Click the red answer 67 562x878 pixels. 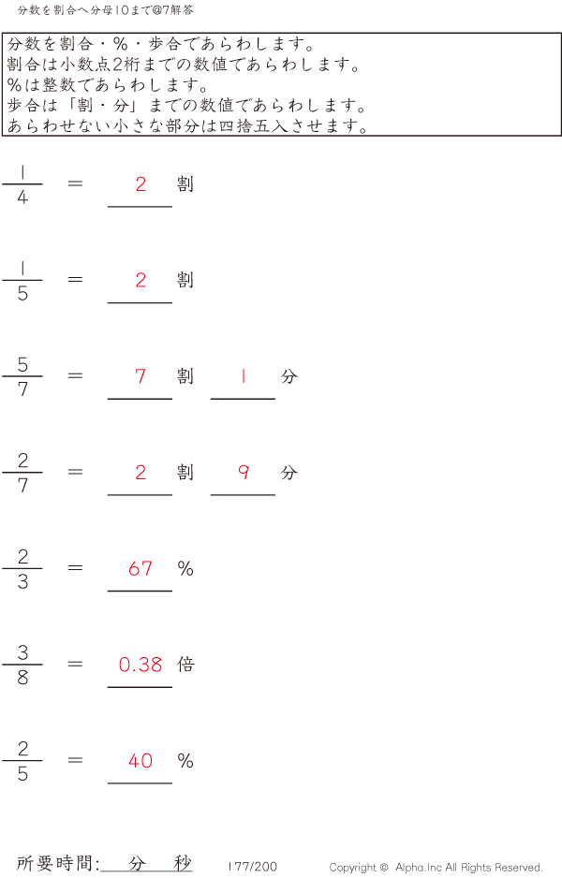pyautogui.click(x=140, y=569)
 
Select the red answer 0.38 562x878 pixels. pyautogui.click(x=140, y=665)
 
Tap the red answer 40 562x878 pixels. pyautogui.click(x=140, y=761)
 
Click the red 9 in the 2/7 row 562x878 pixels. pyautogui.click(x=244, y=473)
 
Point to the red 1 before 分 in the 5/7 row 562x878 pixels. pyautogui.click(x=244, y=376)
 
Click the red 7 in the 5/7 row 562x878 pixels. pyautogui.click(x=140, y=376)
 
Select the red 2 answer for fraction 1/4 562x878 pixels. pyautogui.click(x=140, y=184)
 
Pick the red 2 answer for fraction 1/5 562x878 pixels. pyautogui.click(x=140, y=280)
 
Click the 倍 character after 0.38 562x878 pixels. pyautogui.click(x=185, y=665)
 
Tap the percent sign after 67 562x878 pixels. pyautogui.click(x=185, y=569)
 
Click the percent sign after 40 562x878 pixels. pyautogui.click(x=185, y=761)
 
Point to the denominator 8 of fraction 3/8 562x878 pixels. pyautogui.click(x=22, y=678)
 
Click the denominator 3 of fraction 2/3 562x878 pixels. pyautogui.click(x=22, y=582)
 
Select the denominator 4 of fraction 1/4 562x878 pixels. pyautogui.click(x=22, y=198)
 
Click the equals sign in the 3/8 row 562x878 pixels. pyautogui.click(x=75, y=664)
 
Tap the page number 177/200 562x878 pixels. pyautogui.click(x=253, y=866)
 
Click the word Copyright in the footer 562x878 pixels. pyautogui.click(x=352, y=868)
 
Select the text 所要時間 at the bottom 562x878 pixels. pyautogui.click(x=55, y=863)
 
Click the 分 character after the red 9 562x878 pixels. pyautogui.click(x=289, y=473)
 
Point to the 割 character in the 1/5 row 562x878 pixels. pyautogui.click(x=185, y=280)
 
